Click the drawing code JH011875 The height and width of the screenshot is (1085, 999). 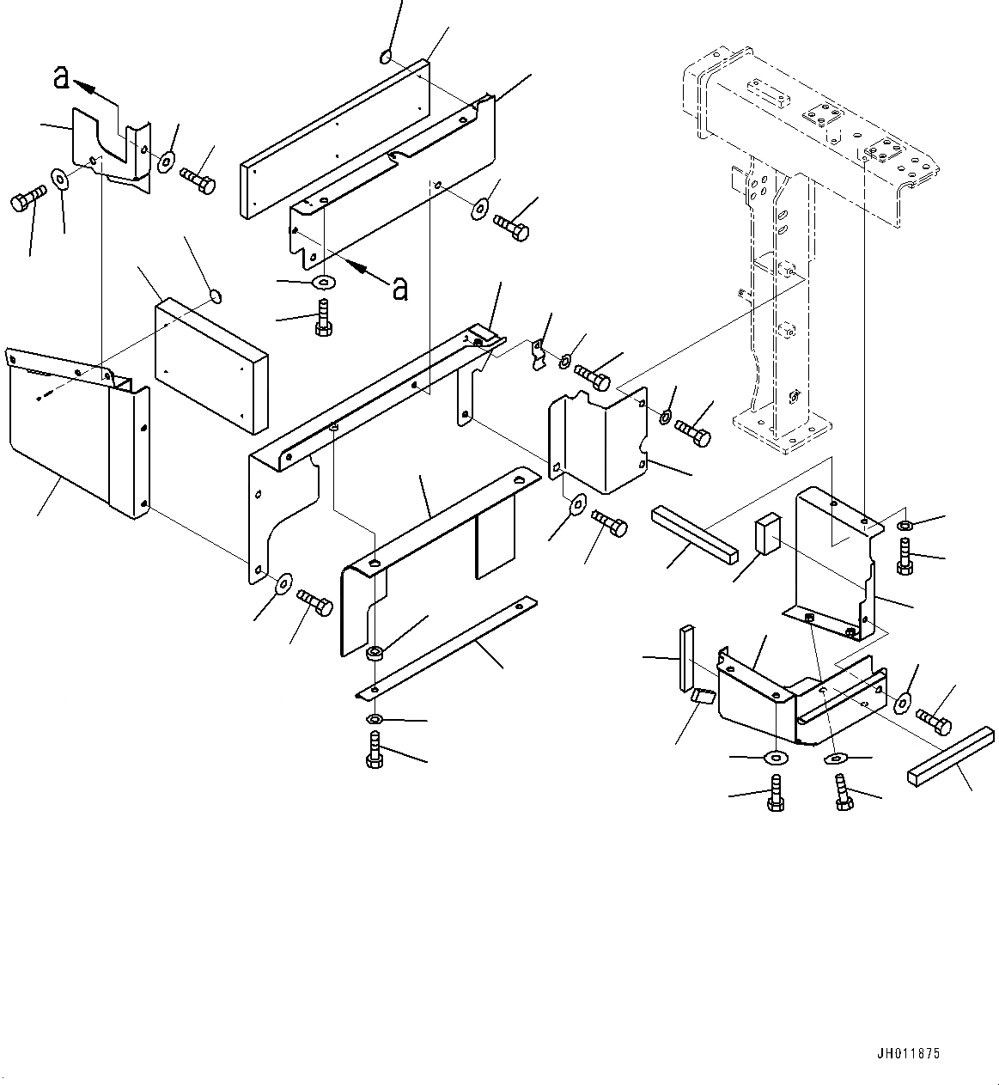click(909, 1053)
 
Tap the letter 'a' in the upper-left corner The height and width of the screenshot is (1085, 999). click(61, 78)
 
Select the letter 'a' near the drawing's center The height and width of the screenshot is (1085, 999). click(399, 289)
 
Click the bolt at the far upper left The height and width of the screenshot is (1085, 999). click(25, 204)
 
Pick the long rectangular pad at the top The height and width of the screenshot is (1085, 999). click(335, 137)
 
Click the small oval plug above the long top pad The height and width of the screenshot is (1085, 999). click(386, 57)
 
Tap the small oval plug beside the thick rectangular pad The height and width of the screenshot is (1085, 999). click(216, 297)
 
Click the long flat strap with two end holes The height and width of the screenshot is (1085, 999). click(447, 646)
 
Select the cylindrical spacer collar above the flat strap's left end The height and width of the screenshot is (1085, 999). click(375, 655)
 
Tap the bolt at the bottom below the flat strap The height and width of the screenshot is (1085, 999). click(374, 750)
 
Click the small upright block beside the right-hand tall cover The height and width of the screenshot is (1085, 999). click(767, 532)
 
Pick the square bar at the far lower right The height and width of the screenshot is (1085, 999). click(950, 756)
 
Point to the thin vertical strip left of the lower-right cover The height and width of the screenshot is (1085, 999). click(685, 658)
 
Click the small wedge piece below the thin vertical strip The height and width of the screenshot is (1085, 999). click(703, 696)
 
